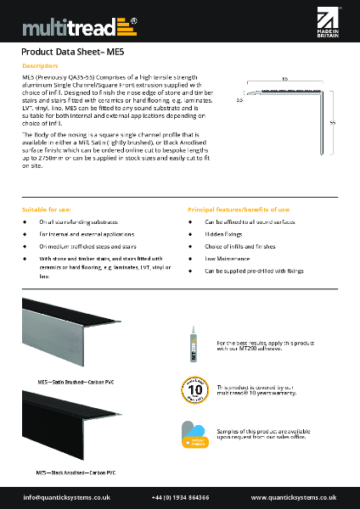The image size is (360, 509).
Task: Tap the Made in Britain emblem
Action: point(328,26)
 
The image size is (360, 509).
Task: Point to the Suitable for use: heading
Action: point(47,209)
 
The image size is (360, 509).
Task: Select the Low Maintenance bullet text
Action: point(225,257)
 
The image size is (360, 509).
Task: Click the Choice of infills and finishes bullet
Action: point(240,245)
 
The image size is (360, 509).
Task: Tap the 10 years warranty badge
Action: point(194,389)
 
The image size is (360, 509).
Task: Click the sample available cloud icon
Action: point(194,433)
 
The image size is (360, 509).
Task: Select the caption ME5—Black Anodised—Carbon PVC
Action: point(77,471)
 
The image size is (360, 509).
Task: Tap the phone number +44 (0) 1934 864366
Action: point(180,497)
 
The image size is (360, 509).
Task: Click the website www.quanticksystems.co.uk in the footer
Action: point(294,497)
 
